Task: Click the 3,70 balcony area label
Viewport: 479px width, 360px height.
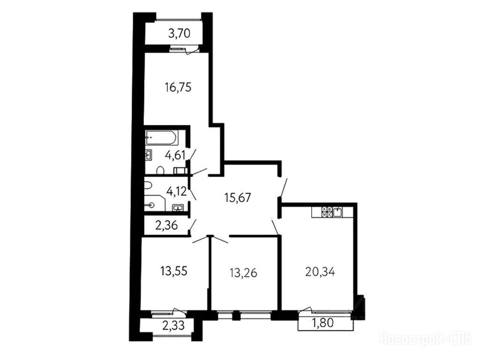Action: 180,33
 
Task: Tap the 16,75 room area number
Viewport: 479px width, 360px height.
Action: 178,88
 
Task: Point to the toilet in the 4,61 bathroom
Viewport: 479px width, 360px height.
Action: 160,171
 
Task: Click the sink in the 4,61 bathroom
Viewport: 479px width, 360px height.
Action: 148,155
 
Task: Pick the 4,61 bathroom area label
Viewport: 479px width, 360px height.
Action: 175,155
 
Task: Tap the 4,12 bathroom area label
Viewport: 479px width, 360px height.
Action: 176,192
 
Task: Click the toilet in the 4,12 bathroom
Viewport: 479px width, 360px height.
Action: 148,185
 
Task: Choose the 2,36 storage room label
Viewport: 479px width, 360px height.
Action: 166,225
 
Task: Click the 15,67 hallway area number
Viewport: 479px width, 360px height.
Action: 238,197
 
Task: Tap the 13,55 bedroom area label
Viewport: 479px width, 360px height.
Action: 173,270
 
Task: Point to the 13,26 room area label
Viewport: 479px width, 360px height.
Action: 243,272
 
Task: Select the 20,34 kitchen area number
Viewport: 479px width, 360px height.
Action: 320,271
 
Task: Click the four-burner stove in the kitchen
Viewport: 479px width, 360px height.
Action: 327,212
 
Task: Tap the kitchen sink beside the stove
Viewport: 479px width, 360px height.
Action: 337,212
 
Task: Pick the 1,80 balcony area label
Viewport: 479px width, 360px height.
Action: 323,322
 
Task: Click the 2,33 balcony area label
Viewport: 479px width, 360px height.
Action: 173,326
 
